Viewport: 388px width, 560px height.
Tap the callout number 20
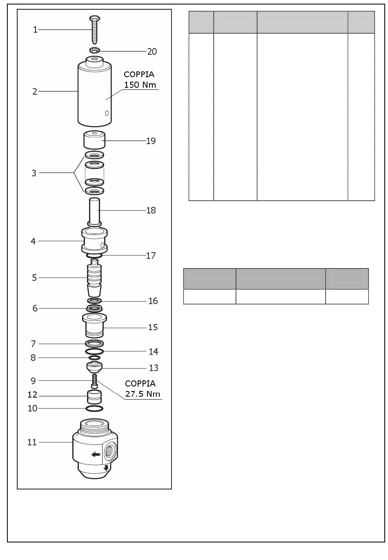pyautogui.click(x=152, y=51)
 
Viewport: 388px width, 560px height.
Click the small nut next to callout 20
pyautogui.click(x=95, y=50)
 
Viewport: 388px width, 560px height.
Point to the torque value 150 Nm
pyautogui.click(x=140, y=85)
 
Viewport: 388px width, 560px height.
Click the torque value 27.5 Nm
pyautogui.click(x=143, y=394)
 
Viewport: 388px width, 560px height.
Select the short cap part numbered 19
pyautogui.click(x=94, y=140)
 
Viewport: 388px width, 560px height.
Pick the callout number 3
pyautogui.click(x=34, y=173)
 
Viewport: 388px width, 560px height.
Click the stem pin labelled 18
pyautogui.click(x=94, y=212)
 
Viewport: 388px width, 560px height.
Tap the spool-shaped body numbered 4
pyautogui.click(x=94, y=241)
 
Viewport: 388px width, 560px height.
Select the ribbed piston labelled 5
pyautogui.click(x=94, y=278)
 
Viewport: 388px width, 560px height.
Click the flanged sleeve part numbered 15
pyautogui.click(x=94, y=325)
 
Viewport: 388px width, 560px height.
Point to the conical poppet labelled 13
pyautogui.click(x=94, y=367)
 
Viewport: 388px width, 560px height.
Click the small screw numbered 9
pyautogui.click(x=94, y=381)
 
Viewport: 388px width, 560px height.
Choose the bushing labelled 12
pyautogui.click(x=94, y=397)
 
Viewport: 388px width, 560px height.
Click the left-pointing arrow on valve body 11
pyautogui.click(x=96, y=454)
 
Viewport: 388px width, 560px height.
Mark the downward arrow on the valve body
pyautogui.click(x=106, y=467)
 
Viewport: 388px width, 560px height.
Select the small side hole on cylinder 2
pyautogui.click(x=107, y=113)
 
